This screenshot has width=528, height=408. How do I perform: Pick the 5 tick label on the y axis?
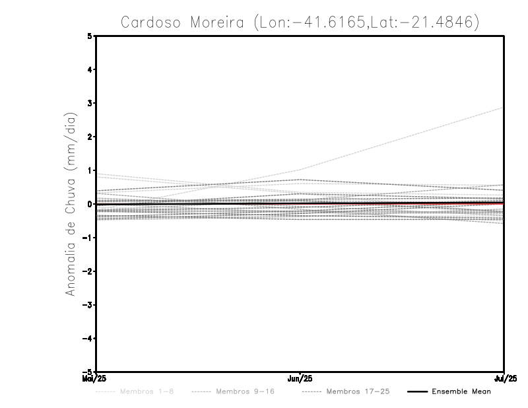pos(90,36)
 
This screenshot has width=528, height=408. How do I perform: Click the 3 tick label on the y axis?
pos(90,103)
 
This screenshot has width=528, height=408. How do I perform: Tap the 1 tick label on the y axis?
pos(90,170)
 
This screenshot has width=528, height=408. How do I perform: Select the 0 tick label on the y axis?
pos(90,204)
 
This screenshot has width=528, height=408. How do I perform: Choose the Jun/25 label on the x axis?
pos(300,379)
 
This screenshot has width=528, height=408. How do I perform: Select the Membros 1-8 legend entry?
pos(147,392)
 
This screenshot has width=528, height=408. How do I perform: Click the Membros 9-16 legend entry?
pos(245,392)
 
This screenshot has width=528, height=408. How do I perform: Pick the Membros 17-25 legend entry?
pos(358,392)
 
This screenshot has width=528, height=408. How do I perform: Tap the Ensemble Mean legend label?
pos(461,392)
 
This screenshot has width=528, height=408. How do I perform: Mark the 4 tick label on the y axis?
pos(90,69)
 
